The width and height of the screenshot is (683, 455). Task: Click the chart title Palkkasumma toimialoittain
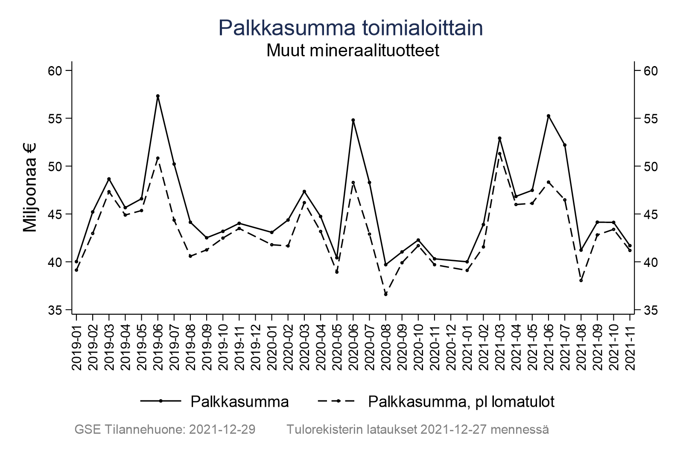pos(350,28)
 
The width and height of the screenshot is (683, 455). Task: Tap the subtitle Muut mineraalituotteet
pos(353,51)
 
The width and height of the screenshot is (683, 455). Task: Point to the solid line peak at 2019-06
pos(158,96)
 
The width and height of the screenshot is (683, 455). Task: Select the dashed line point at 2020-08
pos(385,294)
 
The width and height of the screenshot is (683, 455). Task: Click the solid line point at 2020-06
pos(353,120)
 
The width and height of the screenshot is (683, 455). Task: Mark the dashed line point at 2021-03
pos(499,154)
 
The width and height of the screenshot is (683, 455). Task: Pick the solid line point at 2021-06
pos(549,116)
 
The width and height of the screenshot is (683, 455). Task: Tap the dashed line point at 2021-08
pos(581,280)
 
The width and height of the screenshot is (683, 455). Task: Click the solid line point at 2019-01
pos(76,261)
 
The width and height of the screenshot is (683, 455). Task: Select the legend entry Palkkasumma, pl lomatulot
pos(461,402)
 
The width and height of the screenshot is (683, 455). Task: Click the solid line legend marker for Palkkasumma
pos(161,401)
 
